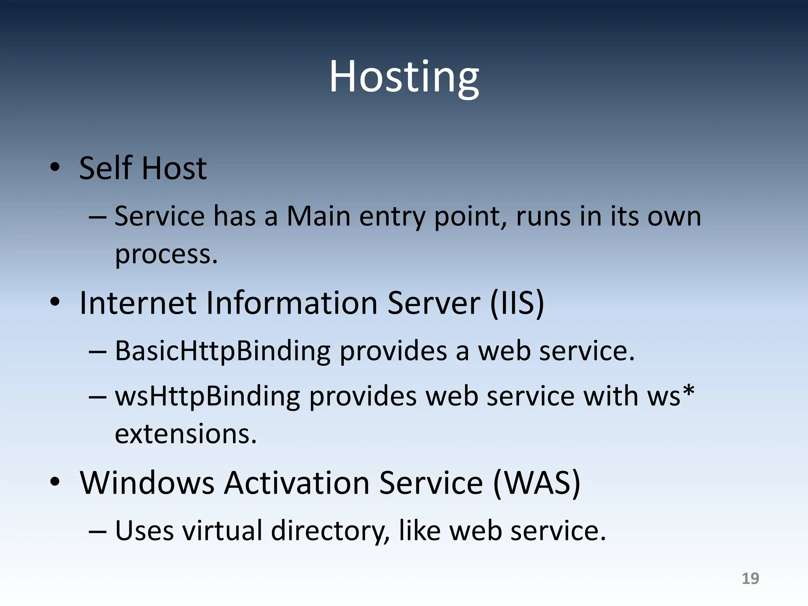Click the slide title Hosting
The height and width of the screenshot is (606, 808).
pyautogui.click(x=404, y=77)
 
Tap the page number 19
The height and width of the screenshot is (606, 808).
pyautogui.click(x=750, y=578)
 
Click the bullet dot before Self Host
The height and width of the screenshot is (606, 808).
pyautogui.click(x=55, y=167)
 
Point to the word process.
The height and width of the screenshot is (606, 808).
pyautogui.click(x=166, y=254)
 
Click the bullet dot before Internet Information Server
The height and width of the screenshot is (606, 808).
pyautogui.click(x=55, y=302)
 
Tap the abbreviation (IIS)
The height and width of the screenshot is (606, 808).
pyautogui.click(x=517, y=303)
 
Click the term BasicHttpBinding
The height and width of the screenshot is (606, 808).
pyautogui.click(x=223, y=351)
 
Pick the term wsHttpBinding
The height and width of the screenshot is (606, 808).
pyautogui.click(x=208, y=396)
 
